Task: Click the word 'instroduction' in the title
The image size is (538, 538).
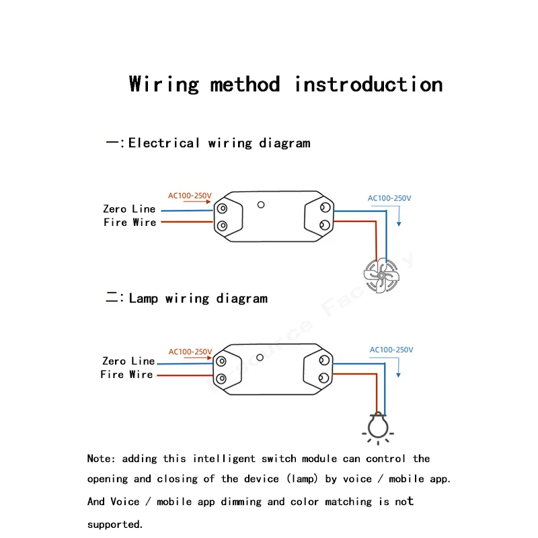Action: coord(369,85)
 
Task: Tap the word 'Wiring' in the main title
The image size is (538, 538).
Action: coord(164,85)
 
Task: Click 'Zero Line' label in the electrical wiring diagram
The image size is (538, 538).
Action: coord(129,209)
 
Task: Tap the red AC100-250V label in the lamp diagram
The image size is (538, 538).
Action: coord(190,352)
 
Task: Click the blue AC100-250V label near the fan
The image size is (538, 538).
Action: coord(389,198)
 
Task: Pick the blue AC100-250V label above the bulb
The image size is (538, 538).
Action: coord(391,350)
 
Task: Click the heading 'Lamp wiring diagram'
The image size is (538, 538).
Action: coord(198,299)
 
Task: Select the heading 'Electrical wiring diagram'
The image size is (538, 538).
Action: coord(219,143)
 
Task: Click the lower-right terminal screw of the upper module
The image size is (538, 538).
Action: coord(325,224)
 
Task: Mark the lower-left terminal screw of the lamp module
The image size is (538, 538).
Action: coord(221,377)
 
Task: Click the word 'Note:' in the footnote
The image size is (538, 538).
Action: coord(102,459)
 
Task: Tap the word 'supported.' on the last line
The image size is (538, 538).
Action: coord(115,524)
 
